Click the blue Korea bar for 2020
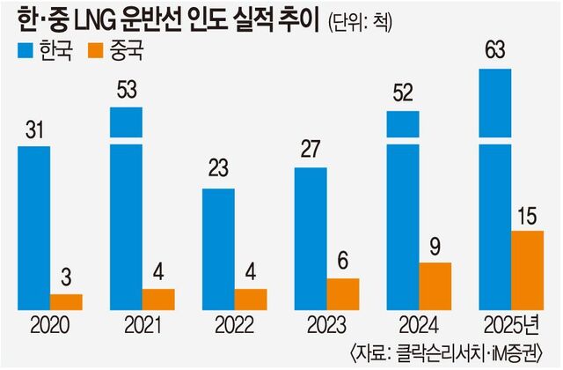(33, 227)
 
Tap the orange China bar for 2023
(342, 293)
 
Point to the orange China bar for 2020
(66, 301)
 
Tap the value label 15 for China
(527, 216)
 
